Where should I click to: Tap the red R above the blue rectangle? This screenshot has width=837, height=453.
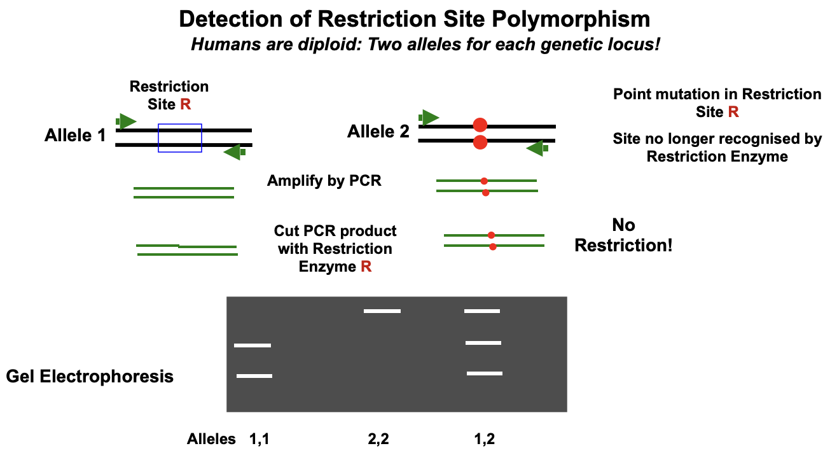click(x=185, y=104)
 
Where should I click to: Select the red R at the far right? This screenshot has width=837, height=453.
click(x=733, y=111)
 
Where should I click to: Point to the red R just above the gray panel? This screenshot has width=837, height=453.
click(x=366, y=266)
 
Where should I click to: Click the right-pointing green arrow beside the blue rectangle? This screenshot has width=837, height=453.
click(x=127, y=121)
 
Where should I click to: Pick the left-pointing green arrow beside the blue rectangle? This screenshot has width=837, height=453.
click(x=233, y=152)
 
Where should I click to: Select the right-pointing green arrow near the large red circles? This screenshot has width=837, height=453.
click(x=430, y=117)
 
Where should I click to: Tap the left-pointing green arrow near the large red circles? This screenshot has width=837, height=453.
click(x=536, y=148)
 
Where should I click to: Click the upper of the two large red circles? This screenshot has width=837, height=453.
click(x=480, y=125)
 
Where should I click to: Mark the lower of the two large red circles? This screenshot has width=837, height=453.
click(x=480, y=143)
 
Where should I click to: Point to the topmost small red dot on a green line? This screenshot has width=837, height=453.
click(x=484, y=181)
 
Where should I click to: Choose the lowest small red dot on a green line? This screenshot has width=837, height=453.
click(x=493, y=247)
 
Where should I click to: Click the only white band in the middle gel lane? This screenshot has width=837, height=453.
click(x=382, y=311)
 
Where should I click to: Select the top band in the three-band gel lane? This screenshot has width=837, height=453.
click(x=482, y=311)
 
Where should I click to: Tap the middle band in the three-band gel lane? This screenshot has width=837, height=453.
click(x=483, y=343)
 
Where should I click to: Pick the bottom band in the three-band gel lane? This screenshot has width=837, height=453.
click(x=485, y=373)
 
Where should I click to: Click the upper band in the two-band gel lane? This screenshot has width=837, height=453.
click(x=252, y=345)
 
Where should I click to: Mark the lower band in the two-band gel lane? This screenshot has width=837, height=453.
click(x=254, y=376)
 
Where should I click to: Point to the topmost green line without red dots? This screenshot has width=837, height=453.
click(x=184, y=188)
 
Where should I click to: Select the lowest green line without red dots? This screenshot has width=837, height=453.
click(x=188, y=254)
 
